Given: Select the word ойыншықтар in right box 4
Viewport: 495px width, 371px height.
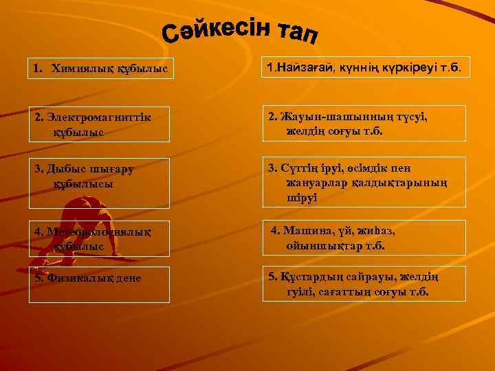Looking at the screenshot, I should [x=320, y=245].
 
